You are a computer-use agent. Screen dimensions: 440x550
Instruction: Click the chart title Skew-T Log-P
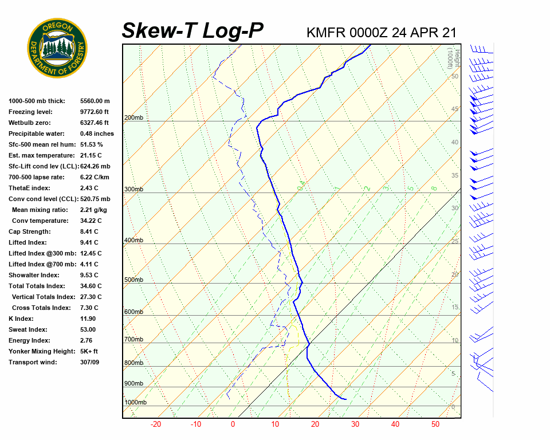click(192, 31)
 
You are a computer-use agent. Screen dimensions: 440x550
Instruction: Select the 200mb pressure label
click(133, 118)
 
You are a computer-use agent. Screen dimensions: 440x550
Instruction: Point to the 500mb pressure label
click(133, 280)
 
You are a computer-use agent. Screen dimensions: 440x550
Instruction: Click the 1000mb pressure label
click(135, 403)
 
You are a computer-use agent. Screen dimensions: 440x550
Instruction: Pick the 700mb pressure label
click(133, 340)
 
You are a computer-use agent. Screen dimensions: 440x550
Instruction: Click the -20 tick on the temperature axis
click(155, 425)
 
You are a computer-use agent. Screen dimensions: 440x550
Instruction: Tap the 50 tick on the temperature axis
click(435, 425)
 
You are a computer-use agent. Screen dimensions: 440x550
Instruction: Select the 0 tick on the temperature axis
click(233, 425)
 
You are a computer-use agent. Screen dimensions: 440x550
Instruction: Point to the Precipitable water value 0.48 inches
click(96, 133)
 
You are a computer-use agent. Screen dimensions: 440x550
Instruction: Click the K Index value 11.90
click(88, 319)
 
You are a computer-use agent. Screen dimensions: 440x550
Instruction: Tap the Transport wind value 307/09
click(89, 362)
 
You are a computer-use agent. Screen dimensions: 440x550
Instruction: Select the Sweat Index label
click(27, 329)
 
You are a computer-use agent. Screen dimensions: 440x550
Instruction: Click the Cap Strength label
click(29, 231)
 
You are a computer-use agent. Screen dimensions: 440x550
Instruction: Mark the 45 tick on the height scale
click(455, 109)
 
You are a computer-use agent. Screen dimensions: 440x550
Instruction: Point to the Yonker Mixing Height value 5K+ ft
click(89, 351)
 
